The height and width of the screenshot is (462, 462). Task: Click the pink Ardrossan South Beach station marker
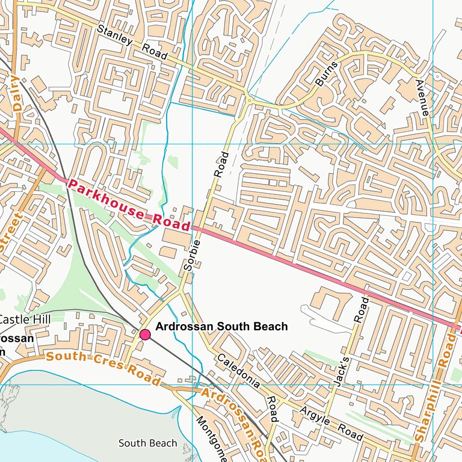[145, 334]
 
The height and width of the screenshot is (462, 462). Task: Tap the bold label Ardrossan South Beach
[221, 327]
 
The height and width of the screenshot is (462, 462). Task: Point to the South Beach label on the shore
[147, 443]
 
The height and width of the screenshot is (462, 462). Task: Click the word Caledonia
[239, 370]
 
